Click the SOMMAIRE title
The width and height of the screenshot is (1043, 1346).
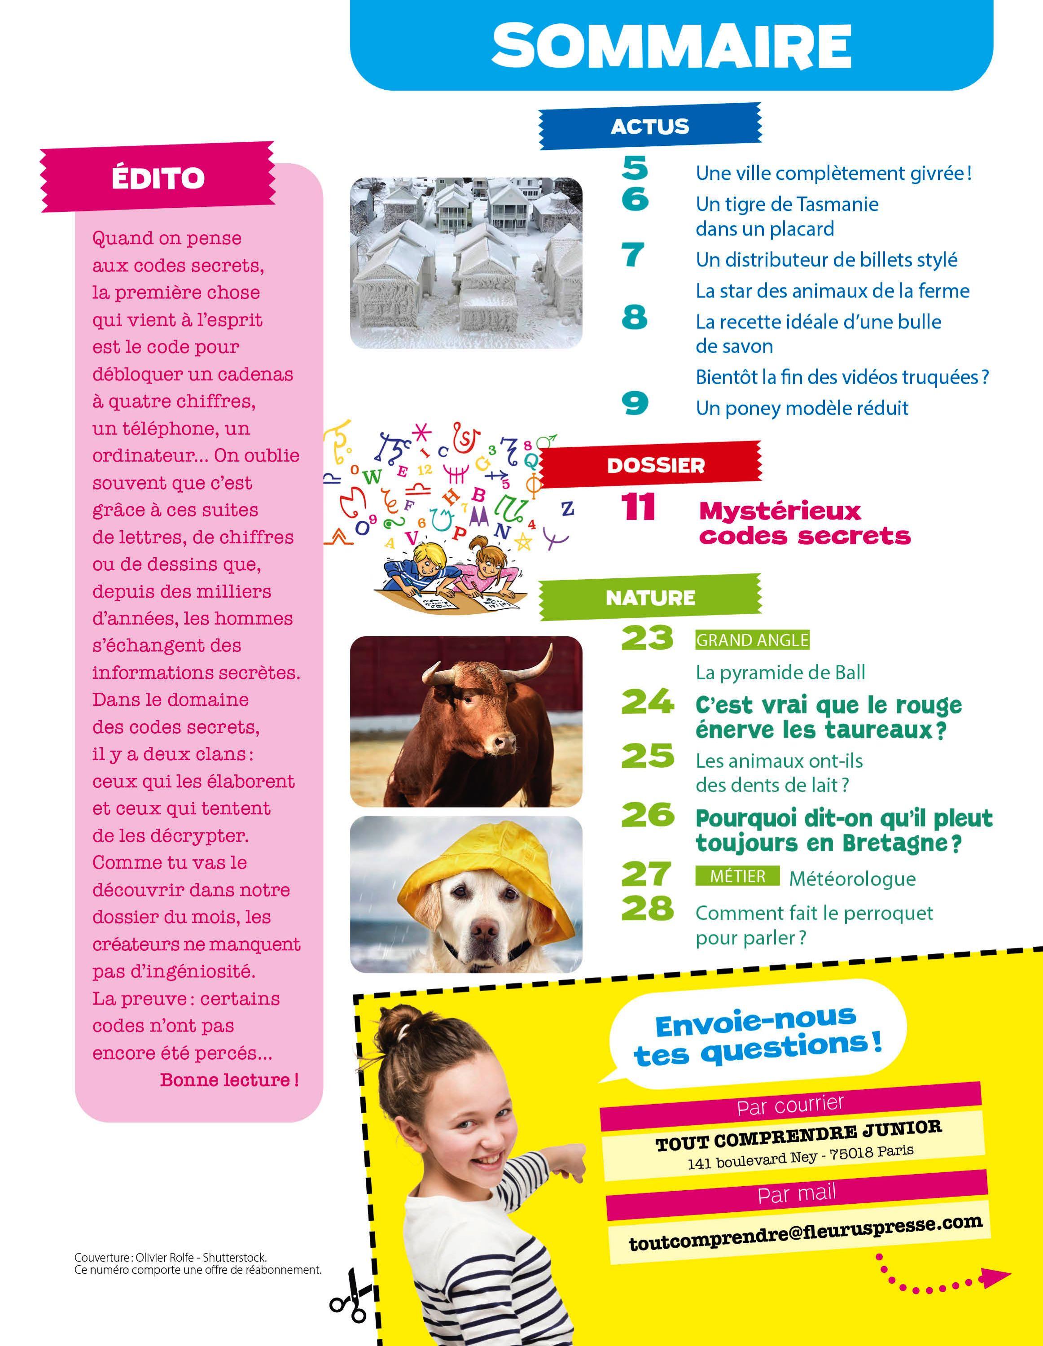pyautogui.click(x=671, y=46)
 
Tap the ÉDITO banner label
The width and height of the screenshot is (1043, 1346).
pyautogui.click(x=158, y=178)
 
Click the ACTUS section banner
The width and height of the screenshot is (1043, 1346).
pyautogui.click(x=650, y=127)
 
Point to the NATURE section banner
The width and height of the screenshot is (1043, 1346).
pyautogui.click(x=650, y=597)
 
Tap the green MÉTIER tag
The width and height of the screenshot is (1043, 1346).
pyautogui.click(x=737, y=876)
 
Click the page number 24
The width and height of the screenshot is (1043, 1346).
pyautogui.click(x=647, y=703)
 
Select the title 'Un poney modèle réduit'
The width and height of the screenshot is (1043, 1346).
pyautogui.click(x=802, y=408)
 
